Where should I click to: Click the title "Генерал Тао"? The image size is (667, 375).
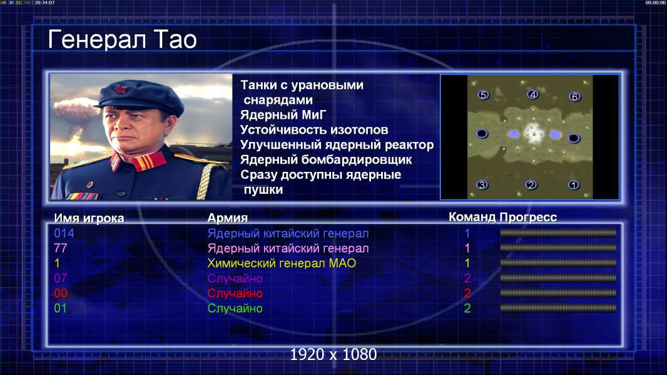click(x=122, y=39)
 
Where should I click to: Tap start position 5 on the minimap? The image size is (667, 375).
click(x=483, y=95)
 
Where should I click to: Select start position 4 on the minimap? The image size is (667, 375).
click(x=532, y=94)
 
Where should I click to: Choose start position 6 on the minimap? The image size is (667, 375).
click(x=574, y=97)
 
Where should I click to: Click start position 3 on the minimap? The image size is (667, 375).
click(x=482, y=185)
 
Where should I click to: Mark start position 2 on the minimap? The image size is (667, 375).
click(x=531, y=185)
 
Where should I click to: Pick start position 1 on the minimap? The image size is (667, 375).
click(x=573, y=185)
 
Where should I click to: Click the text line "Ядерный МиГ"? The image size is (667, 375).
click(x=283, y=115)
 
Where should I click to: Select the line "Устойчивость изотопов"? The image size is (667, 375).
click(x=314, y=130)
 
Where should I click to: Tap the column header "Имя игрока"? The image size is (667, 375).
click(x=89, y=218)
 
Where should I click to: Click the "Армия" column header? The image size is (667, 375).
click(x=228, y=218)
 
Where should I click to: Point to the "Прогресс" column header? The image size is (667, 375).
click(x=528, y=217)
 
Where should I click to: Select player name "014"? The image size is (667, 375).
click(x=64, y=233)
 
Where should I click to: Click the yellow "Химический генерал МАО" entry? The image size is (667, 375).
click(x=282, y=263)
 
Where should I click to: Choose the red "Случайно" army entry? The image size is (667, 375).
click(x=235, y=294)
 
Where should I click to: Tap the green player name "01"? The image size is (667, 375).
click(x=61, y=308)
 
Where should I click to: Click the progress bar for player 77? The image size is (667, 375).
click(x=558, y=247)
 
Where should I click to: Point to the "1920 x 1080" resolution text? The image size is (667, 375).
click(x=333, y=354)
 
